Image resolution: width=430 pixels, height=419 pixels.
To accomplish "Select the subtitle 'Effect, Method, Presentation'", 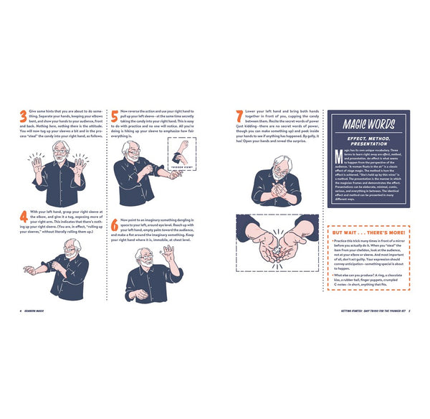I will [368, 139].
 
